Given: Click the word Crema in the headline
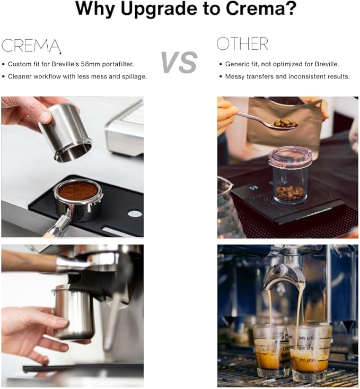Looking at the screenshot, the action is click(x=257, y=9).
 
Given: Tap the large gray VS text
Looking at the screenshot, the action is click(x=179, y=62).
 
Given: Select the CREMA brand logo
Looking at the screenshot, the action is click(x=31, y=46).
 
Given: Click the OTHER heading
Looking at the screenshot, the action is click(x=242, y=44).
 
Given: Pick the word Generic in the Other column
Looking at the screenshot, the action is click(x=235, y=64).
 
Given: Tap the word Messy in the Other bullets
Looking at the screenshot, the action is click(x=234, y=76).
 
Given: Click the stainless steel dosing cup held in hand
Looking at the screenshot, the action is click(x=66, y=132).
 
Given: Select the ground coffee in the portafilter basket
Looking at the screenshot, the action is click(x=78, y=191).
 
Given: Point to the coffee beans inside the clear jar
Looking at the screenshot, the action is click(x=290, y=193).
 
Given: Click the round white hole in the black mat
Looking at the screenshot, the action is click(x=135, y=213).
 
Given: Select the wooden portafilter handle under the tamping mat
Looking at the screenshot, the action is click(x=49, y=235).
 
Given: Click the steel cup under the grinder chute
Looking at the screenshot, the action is click(x=74, y=313).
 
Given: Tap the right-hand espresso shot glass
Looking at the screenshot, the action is click(x=310, y=353).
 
